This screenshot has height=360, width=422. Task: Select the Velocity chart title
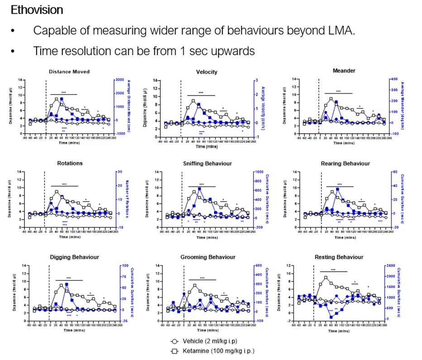tap(206, 72)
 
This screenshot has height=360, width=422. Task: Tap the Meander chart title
tap(344, 70)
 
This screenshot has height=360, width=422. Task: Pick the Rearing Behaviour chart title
tap(345, 163)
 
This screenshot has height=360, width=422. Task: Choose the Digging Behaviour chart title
tap(74, 257)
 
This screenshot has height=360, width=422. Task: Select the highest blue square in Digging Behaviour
tap(67, 284)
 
